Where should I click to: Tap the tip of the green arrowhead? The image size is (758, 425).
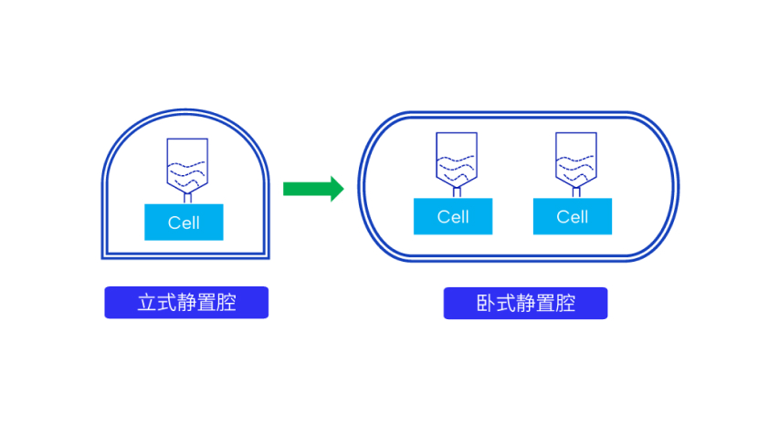[x=342, y=189]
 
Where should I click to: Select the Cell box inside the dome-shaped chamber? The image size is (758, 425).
[x=184, y=222]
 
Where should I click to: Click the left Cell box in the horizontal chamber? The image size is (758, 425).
[x=453, y=217]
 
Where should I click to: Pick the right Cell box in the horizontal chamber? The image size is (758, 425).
[x=573, y=217]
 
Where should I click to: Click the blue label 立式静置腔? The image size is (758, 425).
[x=186, y=303]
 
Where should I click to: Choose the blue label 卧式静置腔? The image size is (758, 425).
[x=525, y=303]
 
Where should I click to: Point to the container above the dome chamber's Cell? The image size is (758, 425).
[x=187, y=164]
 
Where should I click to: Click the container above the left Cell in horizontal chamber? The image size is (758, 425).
[x=456, y=159]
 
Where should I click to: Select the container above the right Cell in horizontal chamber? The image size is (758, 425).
[x=575, y=159]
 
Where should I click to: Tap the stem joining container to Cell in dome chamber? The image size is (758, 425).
[x=187, y=198]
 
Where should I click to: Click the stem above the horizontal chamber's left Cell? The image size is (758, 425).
[x=456, y=192]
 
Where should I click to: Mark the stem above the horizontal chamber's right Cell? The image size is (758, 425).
[x=575, y=192]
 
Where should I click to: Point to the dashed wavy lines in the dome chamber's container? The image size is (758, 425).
[x=186, y=169]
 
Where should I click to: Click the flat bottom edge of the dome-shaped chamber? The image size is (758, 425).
[x=184, y=255]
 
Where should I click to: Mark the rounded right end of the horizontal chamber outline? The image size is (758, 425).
[x=676, y=187]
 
